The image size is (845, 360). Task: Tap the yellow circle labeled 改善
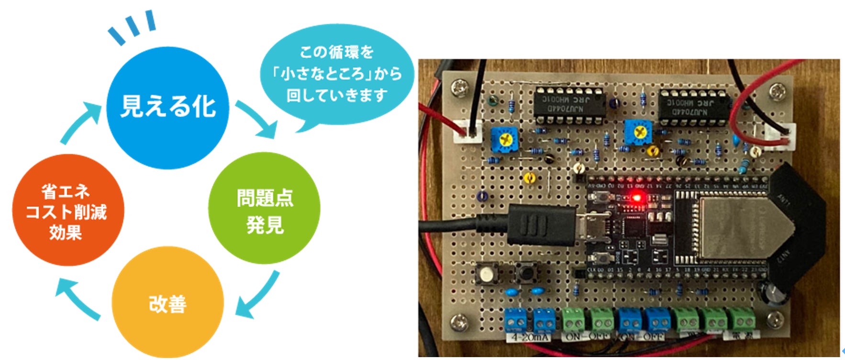tap(167, 303)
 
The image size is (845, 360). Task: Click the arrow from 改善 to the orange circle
tap(77, 299)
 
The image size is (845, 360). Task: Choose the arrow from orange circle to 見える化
tap(81, 122)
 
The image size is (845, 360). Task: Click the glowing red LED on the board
tap(637, 197)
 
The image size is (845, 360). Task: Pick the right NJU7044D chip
tap(695, 107)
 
